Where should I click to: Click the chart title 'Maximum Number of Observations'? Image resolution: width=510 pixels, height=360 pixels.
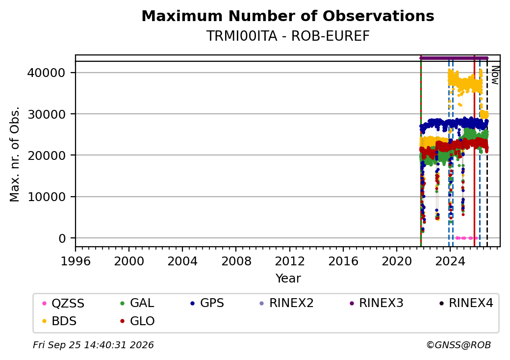tap(288, 16)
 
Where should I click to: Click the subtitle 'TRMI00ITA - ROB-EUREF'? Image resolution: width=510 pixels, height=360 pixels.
tap(288, 36)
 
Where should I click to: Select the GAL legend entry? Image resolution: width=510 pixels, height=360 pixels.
tap(137, 303)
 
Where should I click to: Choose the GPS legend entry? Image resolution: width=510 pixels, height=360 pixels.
tap(207, 303)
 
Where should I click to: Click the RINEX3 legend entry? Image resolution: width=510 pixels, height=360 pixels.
tap(376, 303)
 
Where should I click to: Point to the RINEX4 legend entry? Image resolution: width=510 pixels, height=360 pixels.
tap(466, 303)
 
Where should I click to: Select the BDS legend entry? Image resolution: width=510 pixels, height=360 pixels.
tap(59, 321)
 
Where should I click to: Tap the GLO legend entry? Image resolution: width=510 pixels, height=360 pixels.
tap(137, 321)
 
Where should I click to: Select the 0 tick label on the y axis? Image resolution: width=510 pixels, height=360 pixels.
tap(62, 238)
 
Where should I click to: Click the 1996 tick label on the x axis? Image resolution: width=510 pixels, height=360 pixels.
tap(76, 261)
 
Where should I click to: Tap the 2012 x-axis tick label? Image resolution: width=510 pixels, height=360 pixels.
tap(289, 261)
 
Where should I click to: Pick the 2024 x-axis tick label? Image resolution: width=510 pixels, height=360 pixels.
tap(450, 261)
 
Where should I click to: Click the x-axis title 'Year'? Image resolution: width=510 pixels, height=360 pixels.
tap(288, 279)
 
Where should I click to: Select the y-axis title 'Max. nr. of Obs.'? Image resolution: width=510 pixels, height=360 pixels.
tap(15, 154)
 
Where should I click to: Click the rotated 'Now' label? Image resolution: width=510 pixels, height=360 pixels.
tap(495, 75)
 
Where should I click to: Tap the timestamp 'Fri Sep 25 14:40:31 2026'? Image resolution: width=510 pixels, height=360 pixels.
tap(93, 345)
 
